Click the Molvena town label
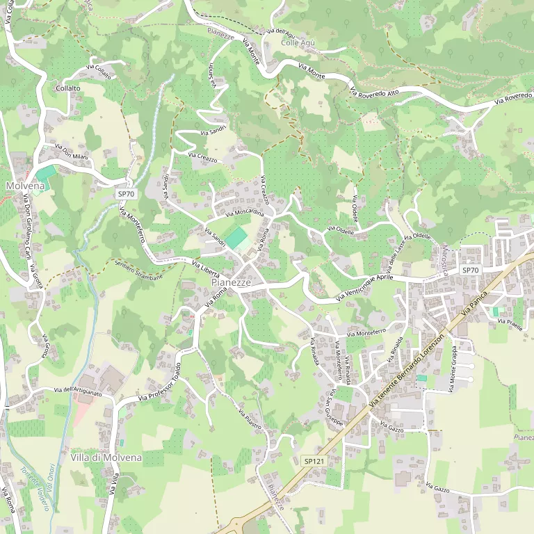click(25, 186)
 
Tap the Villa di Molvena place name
click(106, 458)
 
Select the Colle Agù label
click(298, 43)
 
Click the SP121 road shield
click(314, 460)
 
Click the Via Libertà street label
click(206, 267)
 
